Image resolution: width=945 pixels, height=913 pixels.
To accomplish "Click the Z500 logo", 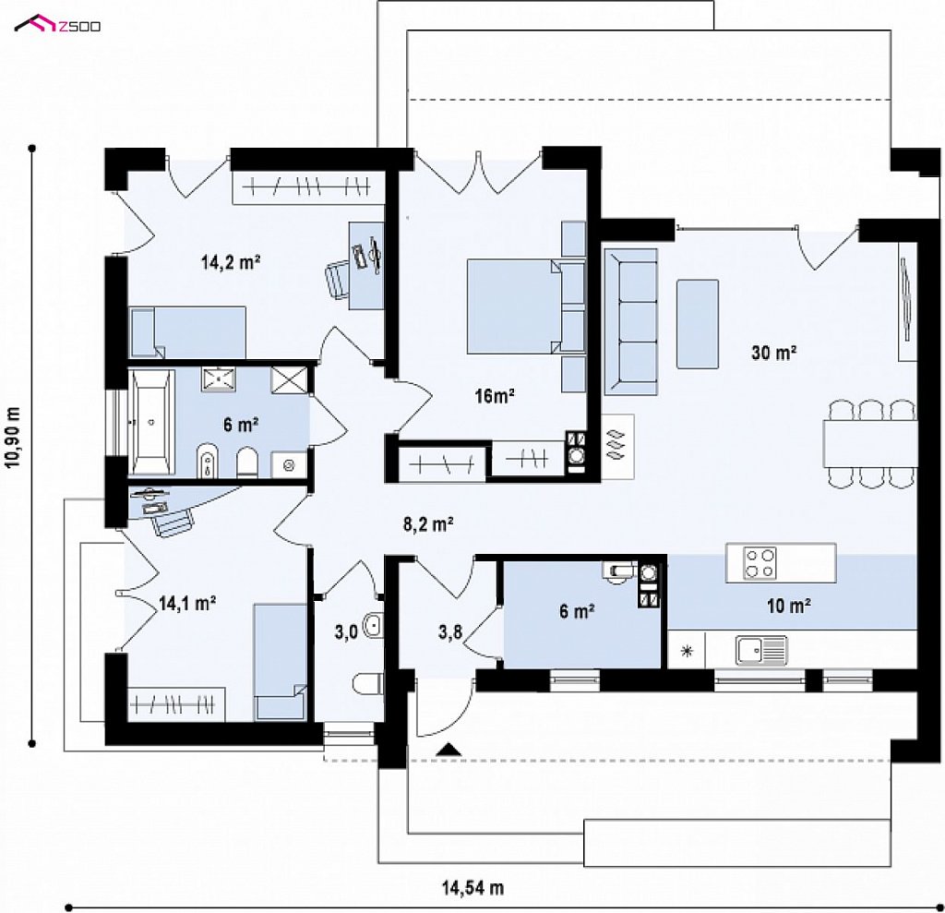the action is coord(58,25).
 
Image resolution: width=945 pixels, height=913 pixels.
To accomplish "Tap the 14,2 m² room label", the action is coord(230,262).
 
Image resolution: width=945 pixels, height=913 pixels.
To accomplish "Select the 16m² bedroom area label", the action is coord(495,396).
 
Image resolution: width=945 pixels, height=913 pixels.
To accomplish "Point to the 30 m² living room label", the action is coord(774,352).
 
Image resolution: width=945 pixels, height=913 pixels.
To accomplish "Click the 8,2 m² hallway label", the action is coord(428,524).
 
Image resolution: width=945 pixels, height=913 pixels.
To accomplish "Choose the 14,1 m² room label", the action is coord(187,603).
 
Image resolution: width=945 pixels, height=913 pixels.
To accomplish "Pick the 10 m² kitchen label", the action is coord(788,606).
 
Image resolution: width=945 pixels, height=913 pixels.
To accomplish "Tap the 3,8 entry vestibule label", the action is coord(450,632).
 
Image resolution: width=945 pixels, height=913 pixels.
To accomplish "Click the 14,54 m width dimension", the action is coord(473,888).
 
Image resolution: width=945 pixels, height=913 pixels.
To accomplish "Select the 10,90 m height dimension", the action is coord(13,438).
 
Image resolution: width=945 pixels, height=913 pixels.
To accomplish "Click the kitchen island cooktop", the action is coord(760,562).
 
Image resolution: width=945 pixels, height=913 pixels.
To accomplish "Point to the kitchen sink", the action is coord(761,651).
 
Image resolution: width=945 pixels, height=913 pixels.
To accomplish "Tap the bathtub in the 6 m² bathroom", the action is coord(151,422).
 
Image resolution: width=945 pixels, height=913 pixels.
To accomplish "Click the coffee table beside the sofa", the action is coord(698,324).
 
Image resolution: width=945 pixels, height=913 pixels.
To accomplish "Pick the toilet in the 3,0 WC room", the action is coord(368,684).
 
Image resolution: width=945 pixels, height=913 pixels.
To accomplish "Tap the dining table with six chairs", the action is coord(870,443).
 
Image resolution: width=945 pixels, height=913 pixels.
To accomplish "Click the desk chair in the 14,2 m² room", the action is coord(338,279).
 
